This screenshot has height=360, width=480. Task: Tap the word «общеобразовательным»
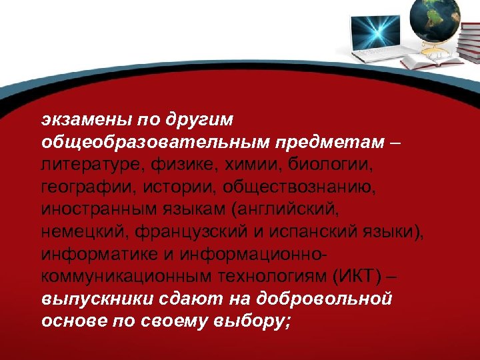tap(153, 142)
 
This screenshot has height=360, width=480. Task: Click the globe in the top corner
tap(435, 18)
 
